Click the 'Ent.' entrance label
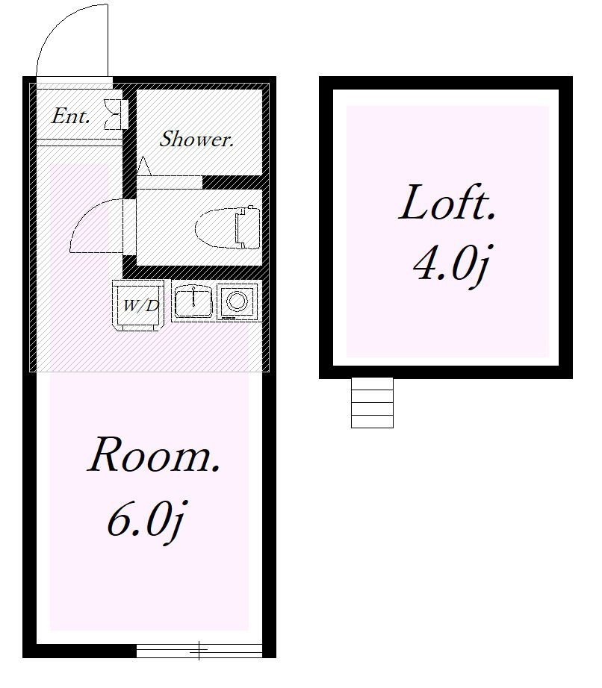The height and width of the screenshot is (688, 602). (71, 116)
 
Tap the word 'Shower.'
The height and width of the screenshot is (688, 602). (196, 139)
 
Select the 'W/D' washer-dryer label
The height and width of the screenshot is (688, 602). (140, 305)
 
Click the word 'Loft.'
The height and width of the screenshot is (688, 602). (447, 202)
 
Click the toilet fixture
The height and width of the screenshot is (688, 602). (228, 228)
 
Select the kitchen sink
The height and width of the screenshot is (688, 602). (193, 301)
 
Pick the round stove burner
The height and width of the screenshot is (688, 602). (237, 301)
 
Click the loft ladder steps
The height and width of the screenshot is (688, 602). (372, 403)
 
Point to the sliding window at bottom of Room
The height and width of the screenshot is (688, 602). (199, 650)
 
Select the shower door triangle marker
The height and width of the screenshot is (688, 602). (144, 166)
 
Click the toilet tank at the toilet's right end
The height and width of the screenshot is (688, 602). (248, 228)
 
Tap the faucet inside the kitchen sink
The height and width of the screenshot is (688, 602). (193, 295)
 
